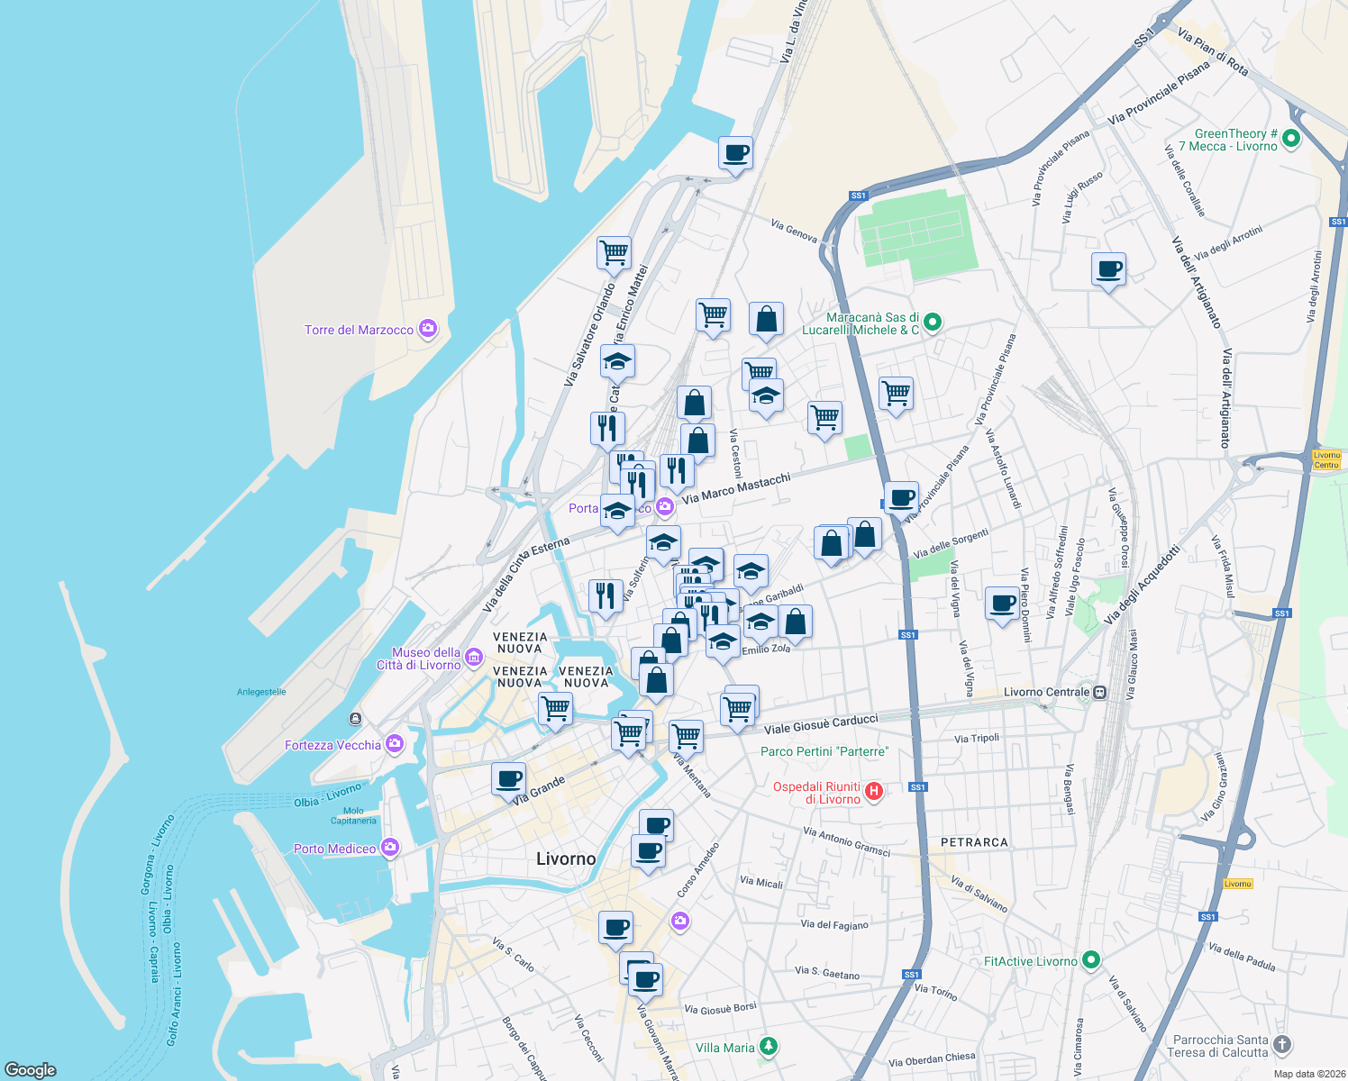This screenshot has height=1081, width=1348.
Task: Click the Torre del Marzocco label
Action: [x=359, y=330]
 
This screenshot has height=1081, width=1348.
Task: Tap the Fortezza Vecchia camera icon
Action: [x=394, y=744]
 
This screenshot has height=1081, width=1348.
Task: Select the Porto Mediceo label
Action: [x=334, y=849]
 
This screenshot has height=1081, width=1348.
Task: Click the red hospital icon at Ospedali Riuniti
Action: [x=873, y=792]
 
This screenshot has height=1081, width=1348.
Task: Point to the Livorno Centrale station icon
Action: [x=1099, y=693]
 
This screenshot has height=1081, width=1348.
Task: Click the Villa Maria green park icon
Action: [x=769, y=1047]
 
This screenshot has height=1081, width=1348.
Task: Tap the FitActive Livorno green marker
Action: [x=1091, y=960]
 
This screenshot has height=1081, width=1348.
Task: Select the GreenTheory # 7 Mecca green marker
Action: [x=1290, y=139]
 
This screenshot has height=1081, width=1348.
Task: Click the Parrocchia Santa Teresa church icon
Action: [x=1282, y=1045]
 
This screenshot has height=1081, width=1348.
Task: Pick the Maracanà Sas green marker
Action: [x=933, y=322]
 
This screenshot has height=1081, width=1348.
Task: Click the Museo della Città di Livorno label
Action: [x=426, y=659]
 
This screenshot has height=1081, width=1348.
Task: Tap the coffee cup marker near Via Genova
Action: [x=735, y=153]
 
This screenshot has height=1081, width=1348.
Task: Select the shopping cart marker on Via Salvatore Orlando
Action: [x=614, y=253]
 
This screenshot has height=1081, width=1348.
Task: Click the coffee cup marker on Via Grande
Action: [x=509, y=778]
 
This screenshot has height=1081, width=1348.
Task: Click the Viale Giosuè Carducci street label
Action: [x=821, y=724]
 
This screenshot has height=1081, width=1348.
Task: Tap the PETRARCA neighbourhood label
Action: [x=974, y=842]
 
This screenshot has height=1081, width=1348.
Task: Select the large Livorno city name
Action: [x=566, y=858]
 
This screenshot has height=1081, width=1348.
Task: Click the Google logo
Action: [x=31, y=1069]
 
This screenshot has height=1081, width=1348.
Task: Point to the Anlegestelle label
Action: [x=261, y=692]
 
